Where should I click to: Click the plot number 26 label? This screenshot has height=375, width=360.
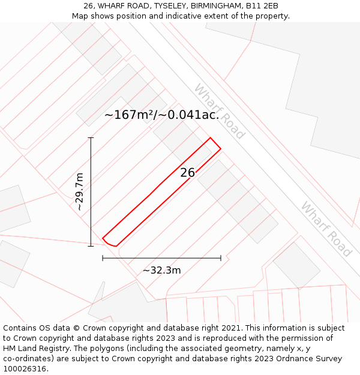coord(188,173)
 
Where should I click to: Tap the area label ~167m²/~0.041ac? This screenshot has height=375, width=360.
coord(161,115)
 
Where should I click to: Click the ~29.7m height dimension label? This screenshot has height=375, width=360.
coord(79,191)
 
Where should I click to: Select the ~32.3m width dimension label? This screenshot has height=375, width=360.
coord(161,270)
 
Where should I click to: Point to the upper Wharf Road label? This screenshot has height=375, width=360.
coord(219,112)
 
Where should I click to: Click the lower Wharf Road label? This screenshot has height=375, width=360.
coord(326,229)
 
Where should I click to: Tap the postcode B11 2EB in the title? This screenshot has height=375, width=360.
coord(262,6)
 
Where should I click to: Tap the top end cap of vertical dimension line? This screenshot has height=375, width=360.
coord(91,138)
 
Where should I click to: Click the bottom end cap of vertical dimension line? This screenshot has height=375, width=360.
coord(91,246)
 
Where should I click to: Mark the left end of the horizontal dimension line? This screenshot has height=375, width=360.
coord(103,258)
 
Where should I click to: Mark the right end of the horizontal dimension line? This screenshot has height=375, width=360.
coord(221,258)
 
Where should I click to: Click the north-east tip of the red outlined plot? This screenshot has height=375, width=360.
coord(220,148)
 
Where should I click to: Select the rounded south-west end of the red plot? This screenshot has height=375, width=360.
coord(109,243)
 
